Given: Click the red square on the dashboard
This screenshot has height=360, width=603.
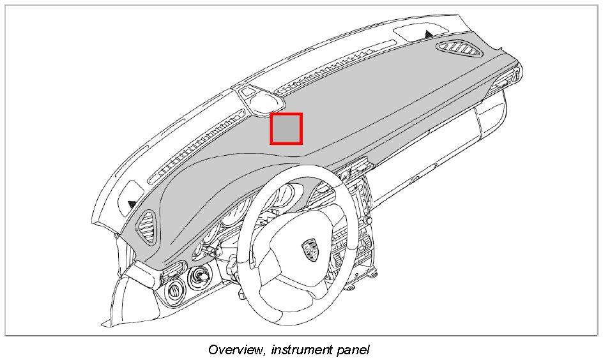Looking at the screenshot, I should [x=286, y=128].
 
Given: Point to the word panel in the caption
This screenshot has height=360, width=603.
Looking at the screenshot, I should [x=354, y=350].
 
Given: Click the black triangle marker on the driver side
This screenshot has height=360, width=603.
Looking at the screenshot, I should [x=132, y=204].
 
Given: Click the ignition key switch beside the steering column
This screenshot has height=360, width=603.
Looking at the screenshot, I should [x=201, y=278].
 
